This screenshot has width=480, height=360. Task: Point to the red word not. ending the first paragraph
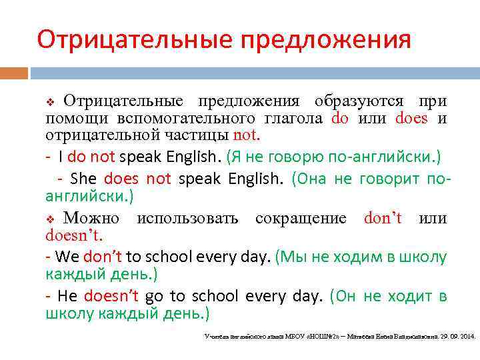click(247, 135)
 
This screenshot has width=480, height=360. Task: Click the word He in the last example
click(68, 296)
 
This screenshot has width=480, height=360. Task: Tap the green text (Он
click(345, 296)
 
